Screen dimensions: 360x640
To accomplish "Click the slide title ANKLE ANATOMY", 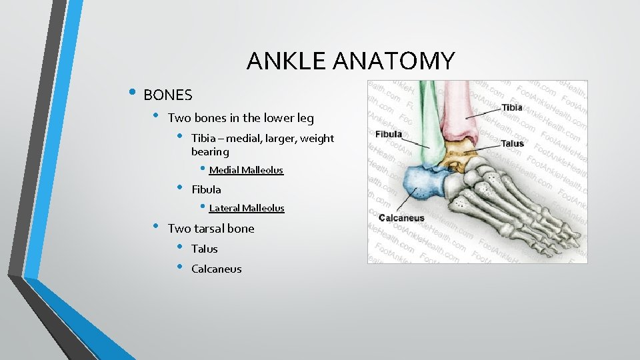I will pos(350,61).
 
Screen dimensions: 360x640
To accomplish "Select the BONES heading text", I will pos(167,95).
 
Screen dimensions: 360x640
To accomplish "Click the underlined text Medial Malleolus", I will pos(246,170).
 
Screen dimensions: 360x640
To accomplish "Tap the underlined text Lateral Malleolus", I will pos(246,208).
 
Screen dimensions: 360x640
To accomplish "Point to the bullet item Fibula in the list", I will pos(206,189).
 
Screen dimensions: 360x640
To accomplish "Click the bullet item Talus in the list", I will pos(204,249).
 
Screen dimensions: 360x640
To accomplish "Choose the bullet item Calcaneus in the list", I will pos(216,269).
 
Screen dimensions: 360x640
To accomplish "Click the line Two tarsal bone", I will pos(211,228).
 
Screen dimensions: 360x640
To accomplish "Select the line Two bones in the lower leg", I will pos(241,118).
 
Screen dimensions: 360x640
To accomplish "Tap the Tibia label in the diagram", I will pos(512,107).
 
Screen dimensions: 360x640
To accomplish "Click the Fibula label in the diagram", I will pos(389,134).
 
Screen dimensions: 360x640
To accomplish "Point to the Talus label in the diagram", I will pos(513,143).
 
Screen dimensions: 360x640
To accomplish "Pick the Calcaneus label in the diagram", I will pos(401,218).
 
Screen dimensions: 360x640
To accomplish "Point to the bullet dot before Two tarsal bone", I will pos(155,226).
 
